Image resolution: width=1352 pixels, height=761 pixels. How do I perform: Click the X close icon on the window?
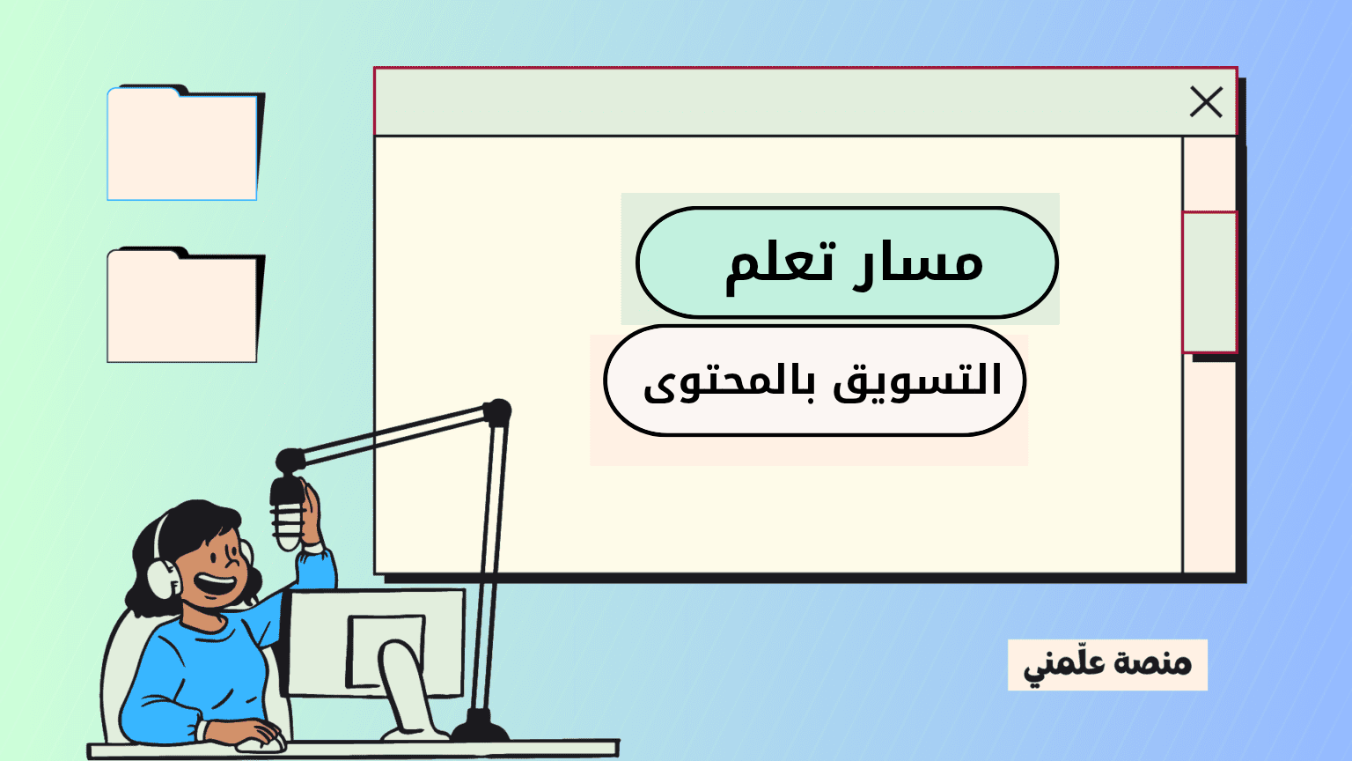tap(1206, 101)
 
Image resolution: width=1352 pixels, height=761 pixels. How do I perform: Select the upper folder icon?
tap(184, 143)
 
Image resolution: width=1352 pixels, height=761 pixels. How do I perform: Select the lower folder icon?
tap(184, 305)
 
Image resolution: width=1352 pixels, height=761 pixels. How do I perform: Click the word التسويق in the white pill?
tap(917, 381)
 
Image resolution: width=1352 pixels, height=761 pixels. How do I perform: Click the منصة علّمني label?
tap(1107, 665)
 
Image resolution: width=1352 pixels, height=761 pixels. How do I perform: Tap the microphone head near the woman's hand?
tap(287, 513)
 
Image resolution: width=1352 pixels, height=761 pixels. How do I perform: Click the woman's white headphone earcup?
tap(163, 578)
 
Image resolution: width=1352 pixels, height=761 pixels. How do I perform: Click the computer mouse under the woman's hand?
tap(261, 743)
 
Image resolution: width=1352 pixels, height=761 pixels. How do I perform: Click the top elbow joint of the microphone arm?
tap(497, 413)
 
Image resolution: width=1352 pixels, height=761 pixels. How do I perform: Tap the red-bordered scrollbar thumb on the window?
tap(1209, 282)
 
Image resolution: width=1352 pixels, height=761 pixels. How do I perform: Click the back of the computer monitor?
tap(374, 642)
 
